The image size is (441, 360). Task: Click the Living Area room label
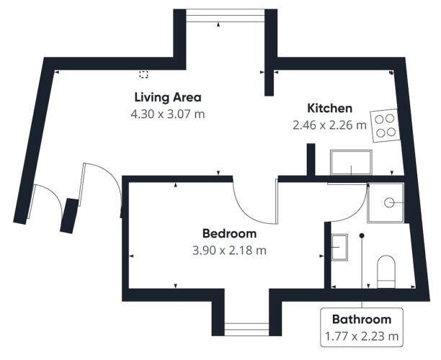point(168,97)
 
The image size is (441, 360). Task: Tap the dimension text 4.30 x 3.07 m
point(168,114)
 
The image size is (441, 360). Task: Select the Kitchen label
point(329,108)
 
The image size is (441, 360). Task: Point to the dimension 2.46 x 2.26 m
point(329,125)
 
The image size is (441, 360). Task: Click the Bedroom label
point(229,233)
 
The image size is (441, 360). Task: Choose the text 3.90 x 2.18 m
point(229,250)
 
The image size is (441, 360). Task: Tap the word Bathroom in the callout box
point(362,320)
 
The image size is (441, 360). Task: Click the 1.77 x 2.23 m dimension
point(362,336)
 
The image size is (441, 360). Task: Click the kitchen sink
point(351,163)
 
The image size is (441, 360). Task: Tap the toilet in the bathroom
point(386,271)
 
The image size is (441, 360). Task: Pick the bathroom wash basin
point(339,247)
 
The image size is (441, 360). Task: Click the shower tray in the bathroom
point(386,202)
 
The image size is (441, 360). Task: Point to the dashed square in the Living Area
point(143,74)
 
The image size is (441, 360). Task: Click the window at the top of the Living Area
point(226,16)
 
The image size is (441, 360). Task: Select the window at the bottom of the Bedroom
point(246,329)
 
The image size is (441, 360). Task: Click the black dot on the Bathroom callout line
point(362,235)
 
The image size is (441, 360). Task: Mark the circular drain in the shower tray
point(389,202)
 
